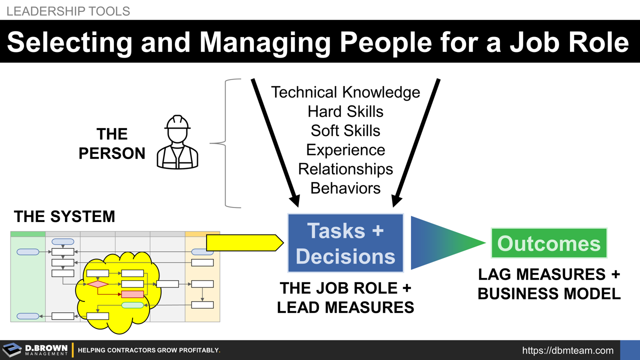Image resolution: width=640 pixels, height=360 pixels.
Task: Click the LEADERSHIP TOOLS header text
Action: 68,10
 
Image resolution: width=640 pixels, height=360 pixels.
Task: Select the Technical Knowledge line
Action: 345,92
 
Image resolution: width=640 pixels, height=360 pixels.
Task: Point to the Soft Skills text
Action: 345,130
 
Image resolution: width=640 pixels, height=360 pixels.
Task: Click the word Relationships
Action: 345,169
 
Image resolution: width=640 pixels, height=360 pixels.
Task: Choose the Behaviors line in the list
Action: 345,188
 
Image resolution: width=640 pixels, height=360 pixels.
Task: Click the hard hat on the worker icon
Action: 177,122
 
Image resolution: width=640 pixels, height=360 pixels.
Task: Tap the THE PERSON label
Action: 112,143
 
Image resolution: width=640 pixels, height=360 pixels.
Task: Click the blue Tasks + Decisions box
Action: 345,243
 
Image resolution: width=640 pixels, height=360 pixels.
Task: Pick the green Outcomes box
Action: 548,243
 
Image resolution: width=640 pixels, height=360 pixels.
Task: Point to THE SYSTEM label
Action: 64,216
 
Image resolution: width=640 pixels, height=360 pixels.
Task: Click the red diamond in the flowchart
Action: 98,284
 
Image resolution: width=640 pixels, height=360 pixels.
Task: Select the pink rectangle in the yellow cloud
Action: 132,294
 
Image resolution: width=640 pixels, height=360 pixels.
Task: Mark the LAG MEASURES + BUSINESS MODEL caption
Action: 549,284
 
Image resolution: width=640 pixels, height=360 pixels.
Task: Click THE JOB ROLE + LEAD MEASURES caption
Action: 345,297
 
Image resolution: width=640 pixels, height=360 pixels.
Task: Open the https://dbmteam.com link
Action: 567,350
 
